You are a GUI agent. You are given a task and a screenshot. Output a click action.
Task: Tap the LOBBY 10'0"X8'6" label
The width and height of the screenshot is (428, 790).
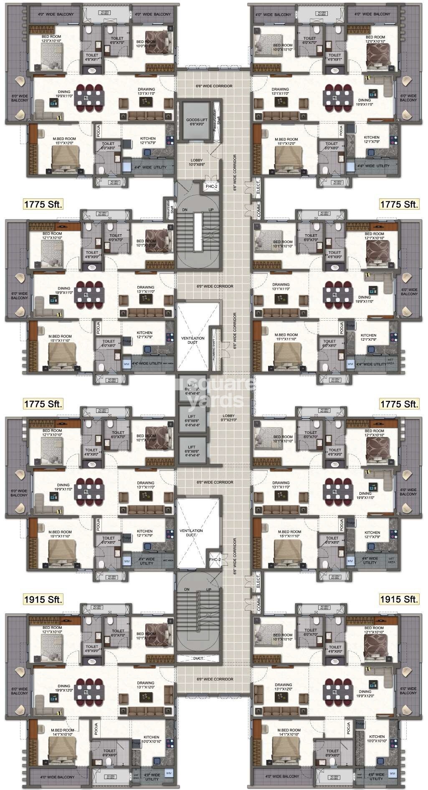click(196, 162)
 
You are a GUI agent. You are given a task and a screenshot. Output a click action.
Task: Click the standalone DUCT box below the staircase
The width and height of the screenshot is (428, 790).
click(198, 658)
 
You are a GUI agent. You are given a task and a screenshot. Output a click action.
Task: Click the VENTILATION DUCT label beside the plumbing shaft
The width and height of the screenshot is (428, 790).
click(193, 340)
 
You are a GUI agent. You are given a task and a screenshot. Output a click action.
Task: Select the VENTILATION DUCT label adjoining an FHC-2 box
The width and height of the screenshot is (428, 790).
click(191, 533)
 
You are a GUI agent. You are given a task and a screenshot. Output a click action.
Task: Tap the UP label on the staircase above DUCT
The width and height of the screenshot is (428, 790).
click(208, 590)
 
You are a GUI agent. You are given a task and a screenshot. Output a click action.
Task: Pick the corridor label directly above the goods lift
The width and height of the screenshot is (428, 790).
click(214, 86)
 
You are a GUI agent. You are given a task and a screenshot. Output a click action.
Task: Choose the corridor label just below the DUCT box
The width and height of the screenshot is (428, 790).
click(215, 679)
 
